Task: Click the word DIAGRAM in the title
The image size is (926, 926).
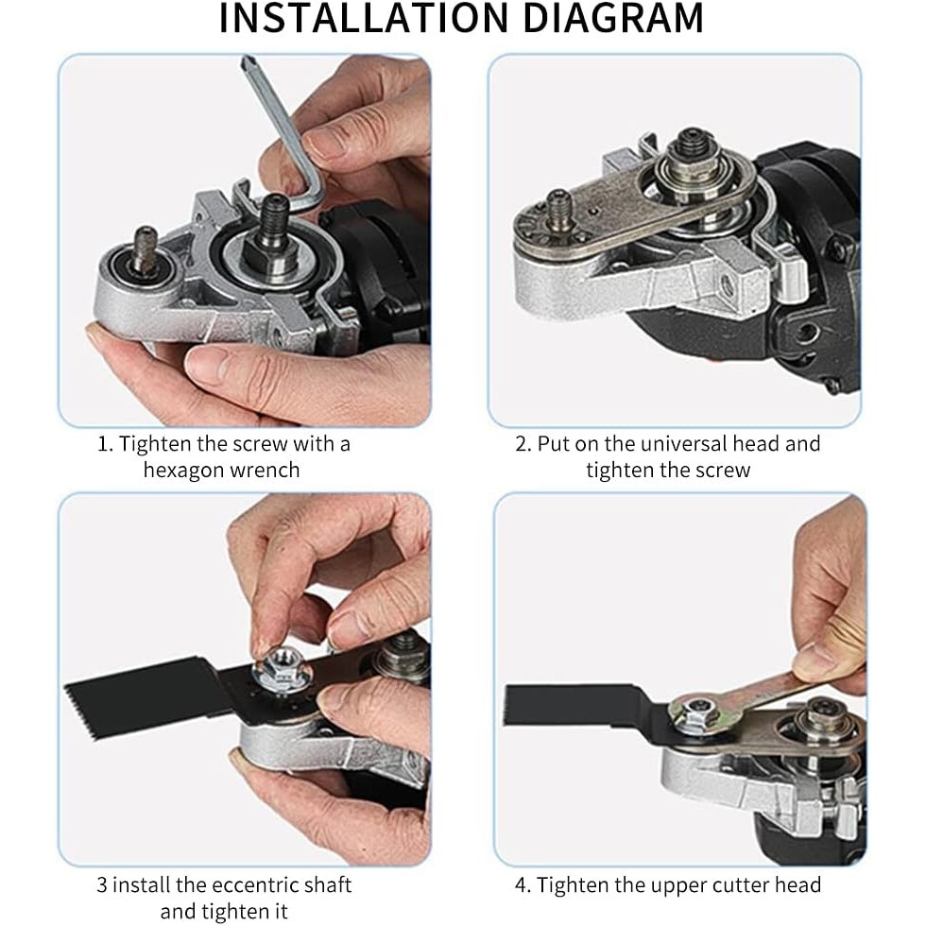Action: coord(613,18)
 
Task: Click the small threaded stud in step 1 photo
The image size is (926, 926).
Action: coord(144,247)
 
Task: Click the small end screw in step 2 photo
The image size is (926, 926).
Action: coord(559,209)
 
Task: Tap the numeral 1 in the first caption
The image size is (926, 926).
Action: coord(103,443)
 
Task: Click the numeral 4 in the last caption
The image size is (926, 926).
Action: coord(521,885)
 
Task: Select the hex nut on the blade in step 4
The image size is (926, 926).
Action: coord(698,711)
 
